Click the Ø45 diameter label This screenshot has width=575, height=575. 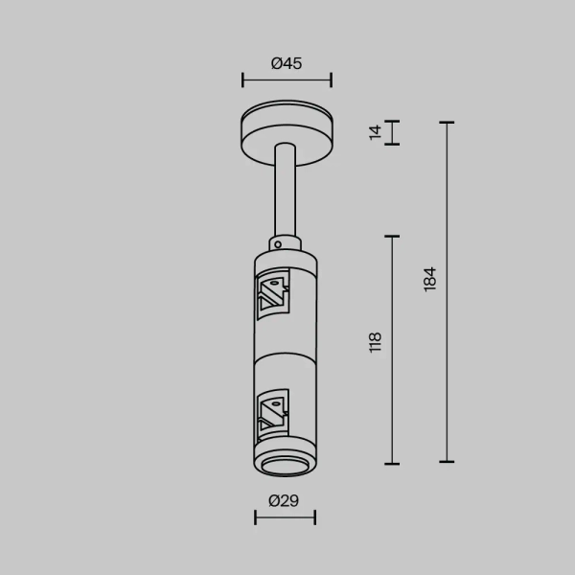(287, 64)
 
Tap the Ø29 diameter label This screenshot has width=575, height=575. (285, 500)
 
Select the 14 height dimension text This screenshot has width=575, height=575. (376, 132)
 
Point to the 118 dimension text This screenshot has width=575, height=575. (376, 341)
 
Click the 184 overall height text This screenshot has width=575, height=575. (430, 279)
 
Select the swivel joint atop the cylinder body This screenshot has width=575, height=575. (285, 241)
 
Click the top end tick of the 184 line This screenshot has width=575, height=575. (446, 123)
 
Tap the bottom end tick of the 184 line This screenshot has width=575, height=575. (446, 462)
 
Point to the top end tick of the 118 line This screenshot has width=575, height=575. (391, 236)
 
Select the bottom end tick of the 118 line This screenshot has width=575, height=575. (391, 462)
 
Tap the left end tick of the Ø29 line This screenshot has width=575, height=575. (256, 517)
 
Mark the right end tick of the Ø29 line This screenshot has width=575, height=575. (314, 517)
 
